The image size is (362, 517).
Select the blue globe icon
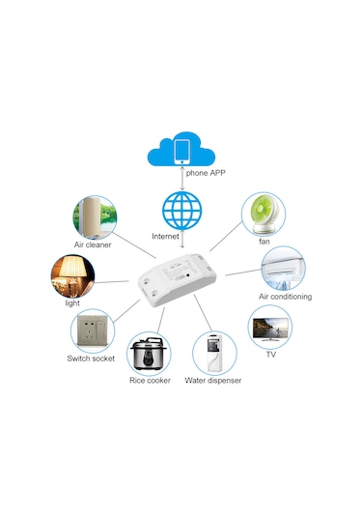point(181,211)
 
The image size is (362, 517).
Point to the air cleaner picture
point(94,217)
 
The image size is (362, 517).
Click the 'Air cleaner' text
point(93,245)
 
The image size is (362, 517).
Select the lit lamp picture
point(71,276)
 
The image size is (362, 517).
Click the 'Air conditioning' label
point(285,297)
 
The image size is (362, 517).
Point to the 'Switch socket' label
point(91,359)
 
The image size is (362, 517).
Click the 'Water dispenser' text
point(213,381)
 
